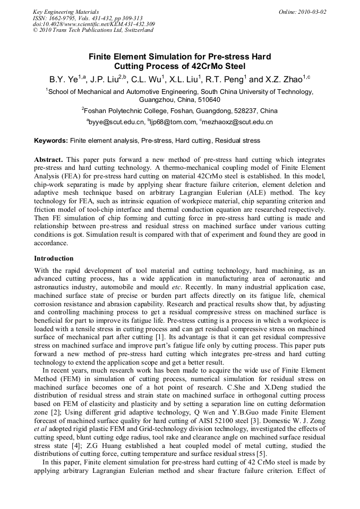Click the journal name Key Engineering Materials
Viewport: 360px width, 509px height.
tap(66, 12)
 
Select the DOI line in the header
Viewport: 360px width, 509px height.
tap(94, 24)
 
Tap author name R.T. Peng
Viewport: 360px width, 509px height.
tap(225, 80)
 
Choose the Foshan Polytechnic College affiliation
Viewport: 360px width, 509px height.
tap(140, 111)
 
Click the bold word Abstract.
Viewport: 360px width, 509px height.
tap(48, 160)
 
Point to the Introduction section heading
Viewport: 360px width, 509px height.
tap(54, 258)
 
